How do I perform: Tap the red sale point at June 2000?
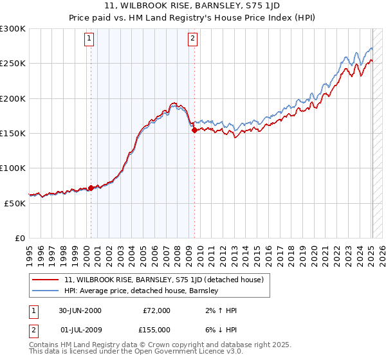coord(91,188)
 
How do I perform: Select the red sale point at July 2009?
coord(194,130)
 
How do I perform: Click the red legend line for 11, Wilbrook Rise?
coord(46,280)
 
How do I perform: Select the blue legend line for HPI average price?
coord(46,291)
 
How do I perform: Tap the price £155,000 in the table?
coord(156,330)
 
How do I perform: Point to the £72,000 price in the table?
coord(156,310)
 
